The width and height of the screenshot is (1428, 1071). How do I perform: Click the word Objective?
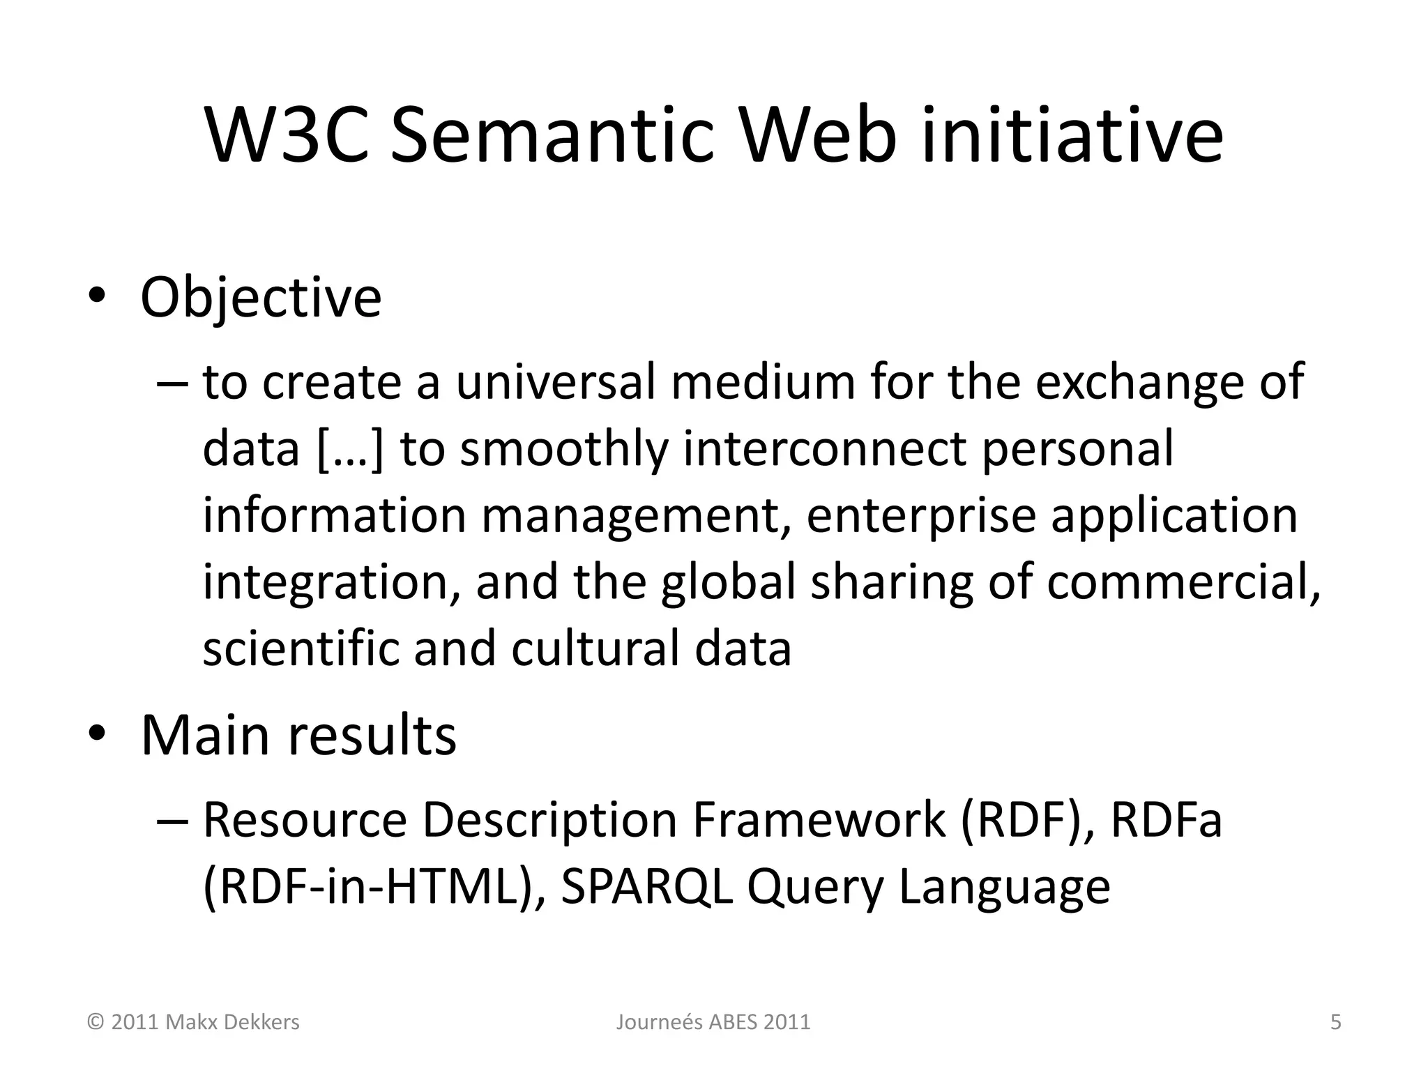(x=261, y=298)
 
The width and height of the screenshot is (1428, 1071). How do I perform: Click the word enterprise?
(x=920, y=516)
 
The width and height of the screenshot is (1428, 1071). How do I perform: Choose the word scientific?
(x=300, y=648)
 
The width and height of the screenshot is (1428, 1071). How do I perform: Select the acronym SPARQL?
(x=646, y=887)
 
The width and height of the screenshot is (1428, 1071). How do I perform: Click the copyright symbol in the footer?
(x=96, y=1022)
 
